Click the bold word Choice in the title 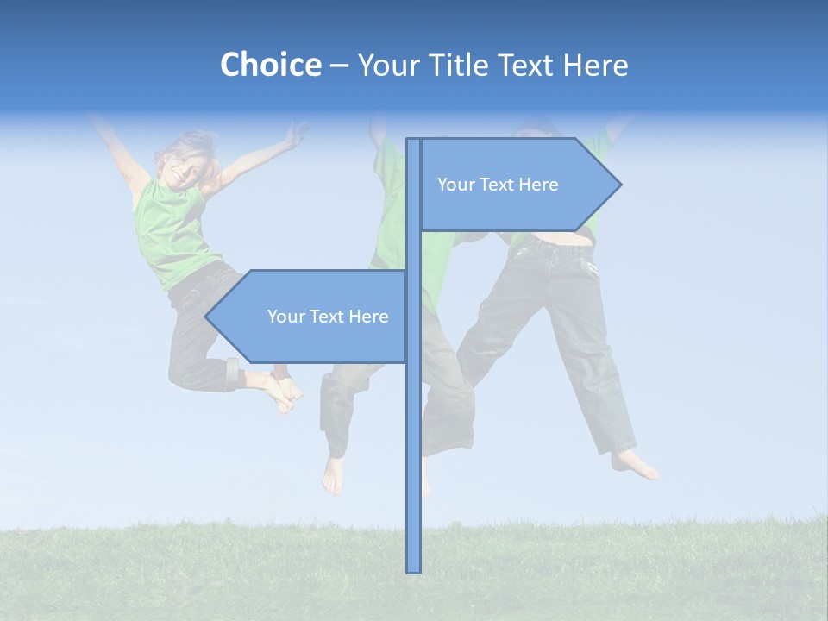tap(270, 65)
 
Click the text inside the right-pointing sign tap(498, 185)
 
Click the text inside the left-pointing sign tap(328, 317)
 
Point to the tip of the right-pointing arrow tap(619, 185)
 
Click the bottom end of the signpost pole tap(414, 569)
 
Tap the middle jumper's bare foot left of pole tap(332, 474)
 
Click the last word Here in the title tap(595, 65)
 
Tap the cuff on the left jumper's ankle tap(232, 373)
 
